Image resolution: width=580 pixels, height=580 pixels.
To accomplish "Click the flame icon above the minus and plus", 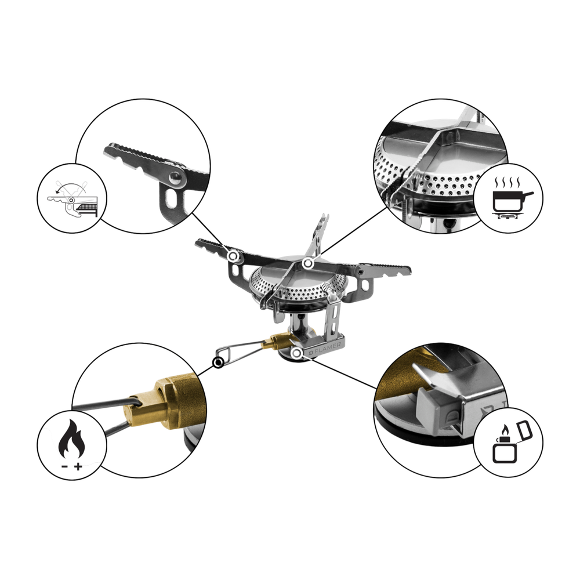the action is click(x=72, y=440).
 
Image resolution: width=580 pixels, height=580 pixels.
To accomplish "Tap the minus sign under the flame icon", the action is click(x=64, y=467).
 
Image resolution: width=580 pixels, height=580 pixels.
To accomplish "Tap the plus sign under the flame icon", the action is click(x=78, y=467).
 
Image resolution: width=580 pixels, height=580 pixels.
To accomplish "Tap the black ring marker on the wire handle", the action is click(x=219, y=362).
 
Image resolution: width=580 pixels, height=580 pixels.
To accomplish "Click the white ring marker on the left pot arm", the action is click(x=233, y=256).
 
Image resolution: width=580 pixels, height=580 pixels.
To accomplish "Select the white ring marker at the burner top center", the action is click(x=308, y=263).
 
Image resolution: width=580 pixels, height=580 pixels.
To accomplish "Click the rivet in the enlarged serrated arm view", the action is click(x=176, y=179).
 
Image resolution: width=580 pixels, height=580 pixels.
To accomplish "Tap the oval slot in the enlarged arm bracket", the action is click(x=172, y=198).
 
